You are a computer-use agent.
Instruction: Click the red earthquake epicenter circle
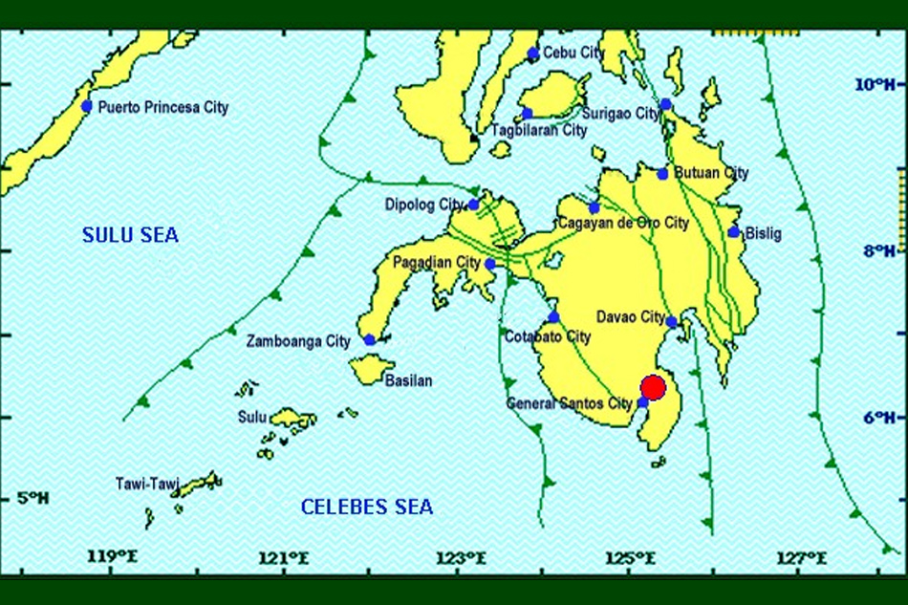click(653, 387)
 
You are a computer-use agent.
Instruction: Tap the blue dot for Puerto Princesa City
click(87, 106)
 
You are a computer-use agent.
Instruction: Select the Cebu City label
click(573, 54)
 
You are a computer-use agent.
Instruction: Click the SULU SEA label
click(130, 235)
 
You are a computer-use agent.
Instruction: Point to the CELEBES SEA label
click(367, 507)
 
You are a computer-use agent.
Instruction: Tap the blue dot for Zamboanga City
click(370, 340)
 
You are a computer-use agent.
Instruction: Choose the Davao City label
click(630, 316)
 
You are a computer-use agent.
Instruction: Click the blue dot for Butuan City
click(663, 173)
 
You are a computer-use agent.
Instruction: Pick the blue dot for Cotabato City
click(553, 317)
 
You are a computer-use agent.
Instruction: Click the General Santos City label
click(570, 404)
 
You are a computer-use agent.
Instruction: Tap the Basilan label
click(408, 380)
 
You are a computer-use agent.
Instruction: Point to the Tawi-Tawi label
click(144, 484)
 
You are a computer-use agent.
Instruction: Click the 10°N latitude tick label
click(874, 85)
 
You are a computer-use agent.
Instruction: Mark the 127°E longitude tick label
click(802, 558)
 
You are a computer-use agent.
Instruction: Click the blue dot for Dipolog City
click(473, 205)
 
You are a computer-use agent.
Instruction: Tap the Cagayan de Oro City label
click(624, 224)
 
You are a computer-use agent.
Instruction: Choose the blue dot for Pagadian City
click(489, 264)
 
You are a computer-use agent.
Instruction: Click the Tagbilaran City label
click(539, 130)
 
